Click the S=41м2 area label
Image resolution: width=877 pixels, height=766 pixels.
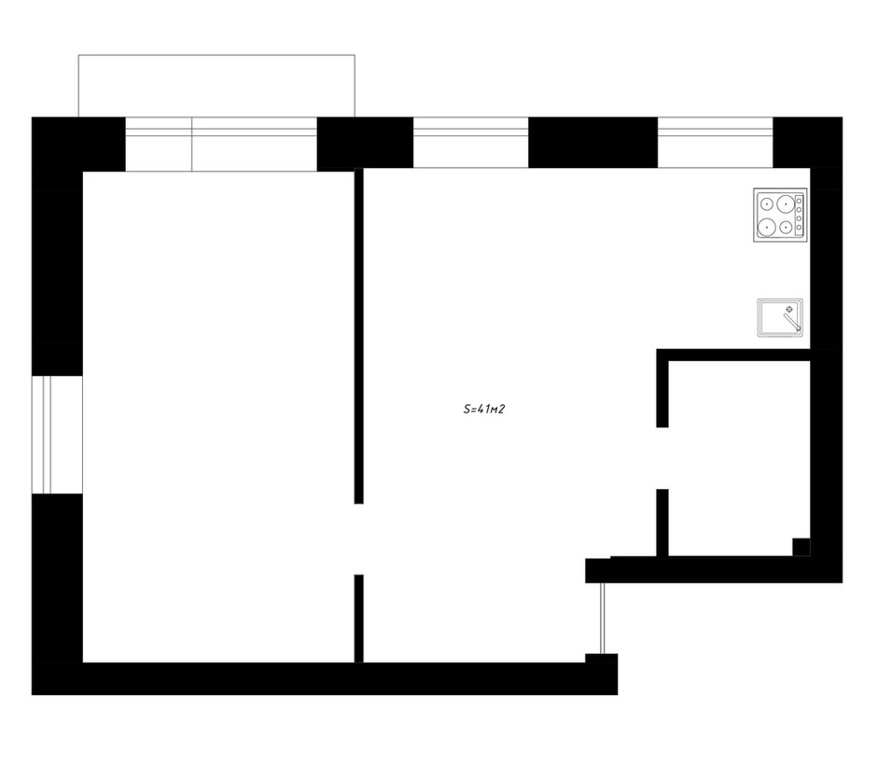pyautogui.click(x=484, y=409)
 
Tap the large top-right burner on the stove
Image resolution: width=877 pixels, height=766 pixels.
pyautogui.click(x=786, y=204)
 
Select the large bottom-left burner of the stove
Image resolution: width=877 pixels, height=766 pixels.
pyautogui.click(x=766, y=227)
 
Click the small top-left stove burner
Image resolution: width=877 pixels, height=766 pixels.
pyautogui.click(x=767, y=204)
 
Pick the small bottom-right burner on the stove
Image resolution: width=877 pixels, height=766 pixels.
pyautogui.click(x=786, y=227)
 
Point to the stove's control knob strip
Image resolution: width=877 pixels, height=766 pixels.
pyautogui.click(x=800, y=215)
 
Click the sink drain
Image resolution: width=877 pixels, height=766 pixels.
pyautogui.click(x=789, y=309)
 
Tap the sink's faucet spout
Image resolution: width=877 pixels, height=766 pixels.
pyautogui.click(x=792, y=322)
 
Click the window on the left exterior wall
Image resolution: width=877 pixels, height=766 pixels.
pyautogui.click(x=57, y=435)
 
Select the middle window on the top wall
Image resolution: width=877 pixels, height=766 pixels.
pyautogui.click(x=471, y=142)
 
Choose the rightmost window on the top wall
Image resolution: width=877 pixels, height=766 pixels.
pyautogui.click(x=716, y=142)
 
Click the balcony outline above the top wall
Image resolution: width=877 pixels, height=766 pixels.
pyautogui.click(x=216, y=55)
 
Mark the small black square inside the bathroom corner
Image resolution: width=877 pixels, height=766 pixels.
pyautogui.click(x=800, y=547)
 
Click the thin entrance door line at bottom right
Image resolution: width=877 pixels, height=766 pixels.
pyautogui.click(x=603, y=619)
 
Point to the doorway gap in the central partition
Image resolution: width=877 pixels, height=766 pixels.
pyautogui.click(x=359, y=539)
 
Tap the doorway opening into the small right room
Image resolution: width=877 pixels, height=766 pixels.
pyautogui.click(x=662, y=458)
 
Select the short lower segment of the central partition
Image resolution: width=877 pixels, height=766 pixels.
pyautogui.click(x=359, y=619)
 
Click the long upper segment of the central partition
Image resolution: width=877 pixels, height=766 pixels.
pyautogui.click(x=359, y=336)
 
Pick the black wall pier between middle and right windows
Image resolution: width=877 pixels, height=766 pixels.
pyautogui.click(x=592, y=142)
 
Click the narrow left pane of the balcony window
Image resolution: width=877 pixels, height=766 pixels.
pyautogui.click(x=159, y=144)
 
